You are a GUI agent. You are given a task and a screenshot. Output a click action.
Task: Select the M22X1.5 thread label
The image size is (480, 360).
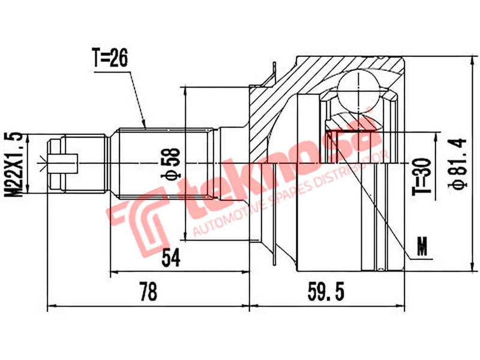tap(17, 164)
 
